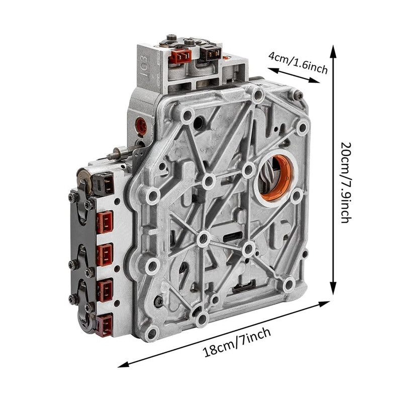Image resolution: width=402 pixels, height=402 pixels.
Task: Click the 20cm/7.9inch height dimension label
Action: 346,182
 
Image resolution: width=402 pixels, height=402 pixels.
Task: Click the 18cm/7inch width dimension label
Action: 236,343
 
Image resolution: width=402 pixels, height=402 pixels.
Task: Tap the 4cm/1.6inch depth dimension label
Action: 298,62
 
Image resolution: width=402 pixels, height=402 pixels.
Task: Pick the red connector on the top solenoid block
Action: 180,56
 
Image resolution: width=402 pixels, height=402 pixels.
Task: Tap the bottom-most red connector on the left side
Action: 105,325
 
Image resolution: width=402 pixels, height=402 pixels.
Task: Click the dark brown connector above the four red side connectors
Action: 103,183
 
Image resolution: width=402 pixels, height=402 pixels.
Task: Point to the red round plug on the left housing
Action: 141,126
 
